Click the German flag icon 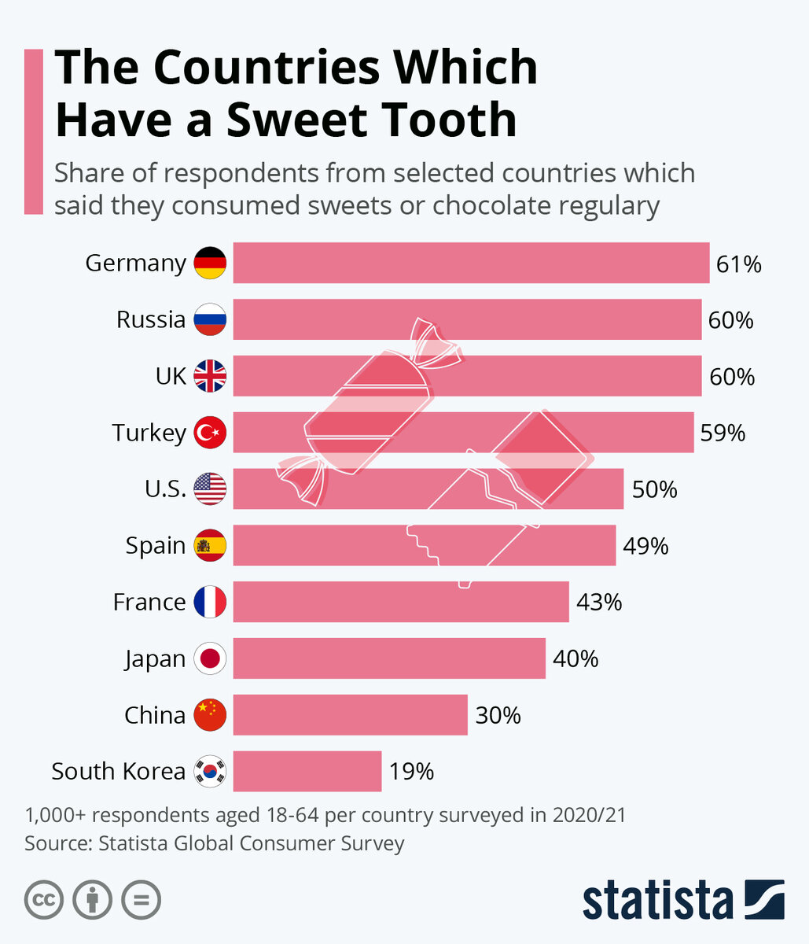[x=210, y=263]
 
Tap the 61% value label [x=738, y=264]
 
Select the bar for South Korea [x=307, y=771]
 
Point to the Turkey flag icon [x=210, y=433]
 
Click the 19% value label [x=411, y=772]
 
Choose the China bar [x=351, y=714]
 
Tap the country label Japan [x=155, y=659]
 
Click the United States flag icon [x=210, y=489]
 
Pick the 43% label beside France [x=599, y=603]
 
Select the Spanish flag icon [x=210, y=545]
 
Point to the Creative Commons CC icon [x=44, y=899]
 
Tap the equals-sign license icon [x=142, y=899]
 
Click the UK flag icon [x=210, y=376]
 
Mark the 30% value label [x=498, y=715]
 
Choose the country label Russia [x=151, y=319]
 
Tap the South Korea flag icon [x=210, y=771]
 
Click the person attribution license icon [x=93, y=899]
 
